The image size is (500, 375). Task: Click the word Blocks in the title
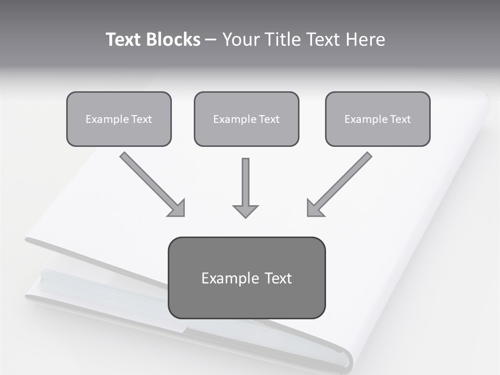(174, 40)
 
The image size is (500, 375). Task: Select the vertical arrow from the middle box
(245, 182)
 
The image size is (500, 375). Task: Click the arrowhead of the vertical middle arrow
(245, 211)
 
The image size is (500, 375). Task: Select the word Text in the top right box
(400, 119)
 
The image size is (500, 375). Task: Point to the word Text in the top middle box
(269, 119)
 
